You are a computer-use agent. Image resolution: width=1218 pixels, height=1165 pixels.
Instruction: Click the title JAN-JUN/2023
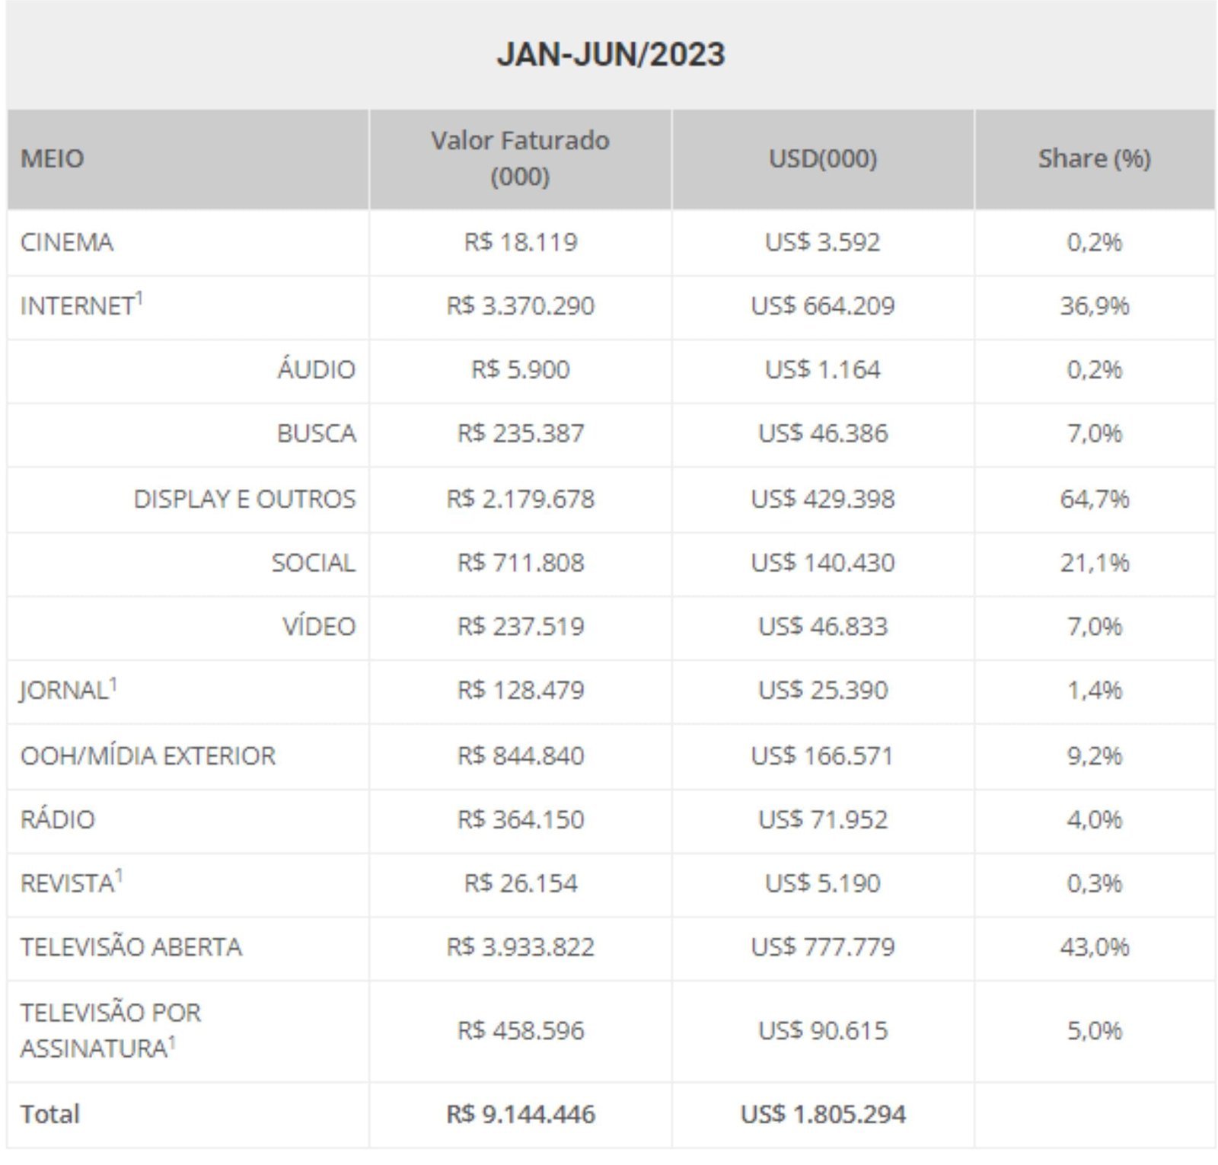[611, 54]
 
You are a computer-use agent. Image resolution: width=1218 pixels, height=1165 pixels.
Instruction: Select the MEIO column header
[52, 158]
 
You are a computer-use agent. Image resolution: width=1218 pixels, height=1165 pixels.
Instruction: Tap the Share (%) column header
[1094, 158]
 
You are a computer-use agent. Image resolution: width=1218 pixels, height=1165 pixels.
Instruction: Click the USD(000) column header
[822, 158]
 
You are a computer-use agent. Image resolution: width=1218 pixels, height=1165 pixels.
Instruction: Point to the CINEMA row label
[67, 242]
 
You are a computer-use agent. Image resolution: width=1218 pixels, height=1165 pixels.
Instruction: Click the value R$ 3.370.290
[520, 305]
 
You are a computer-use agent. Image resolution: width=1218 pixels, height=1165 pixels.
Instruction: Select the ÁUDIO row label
[316, 369]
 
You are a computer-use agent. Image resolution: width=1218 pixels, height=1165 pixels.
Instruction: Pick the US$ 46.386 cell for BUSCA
[822, 433]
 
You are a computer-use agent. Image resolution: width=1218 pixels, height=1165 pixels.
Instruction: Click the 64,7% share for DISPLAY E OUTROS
[1094, 499]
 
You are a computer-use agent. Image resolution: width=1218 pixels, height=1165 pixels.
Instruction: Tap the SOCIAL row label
[313, 563]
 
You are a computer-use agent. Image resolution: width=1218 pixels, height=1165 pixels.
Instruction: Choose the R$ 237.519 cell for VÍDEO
[520, 626]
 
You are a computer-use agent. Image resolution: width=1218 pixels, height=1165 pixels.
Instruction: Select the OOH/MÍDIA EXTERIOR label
[148, 755]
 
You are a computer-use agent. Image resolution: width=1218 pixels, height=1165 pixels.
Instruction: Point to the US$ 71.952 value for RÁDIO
[822, 819]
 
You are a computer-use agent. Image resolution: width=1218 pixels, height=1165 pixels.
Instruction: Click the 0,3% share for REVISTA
[1094, 883]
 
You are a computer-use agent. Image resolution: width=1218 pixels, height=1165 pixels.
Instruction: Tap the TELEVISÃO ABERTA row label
[131, 946]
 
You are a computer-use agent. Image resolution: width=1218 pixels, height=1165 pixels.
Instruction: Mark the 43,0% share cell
[1094, 946]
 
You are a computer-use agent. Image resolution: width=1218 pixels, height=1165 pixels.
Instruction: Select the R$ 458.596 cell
[520, 1030]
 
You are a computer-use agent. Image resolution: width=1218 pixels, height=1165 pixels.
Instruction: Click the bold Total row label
[50, 1114]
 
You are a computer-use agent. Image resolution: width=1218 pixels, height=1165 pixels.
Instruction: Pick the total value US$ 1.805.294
[822, 1114]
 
